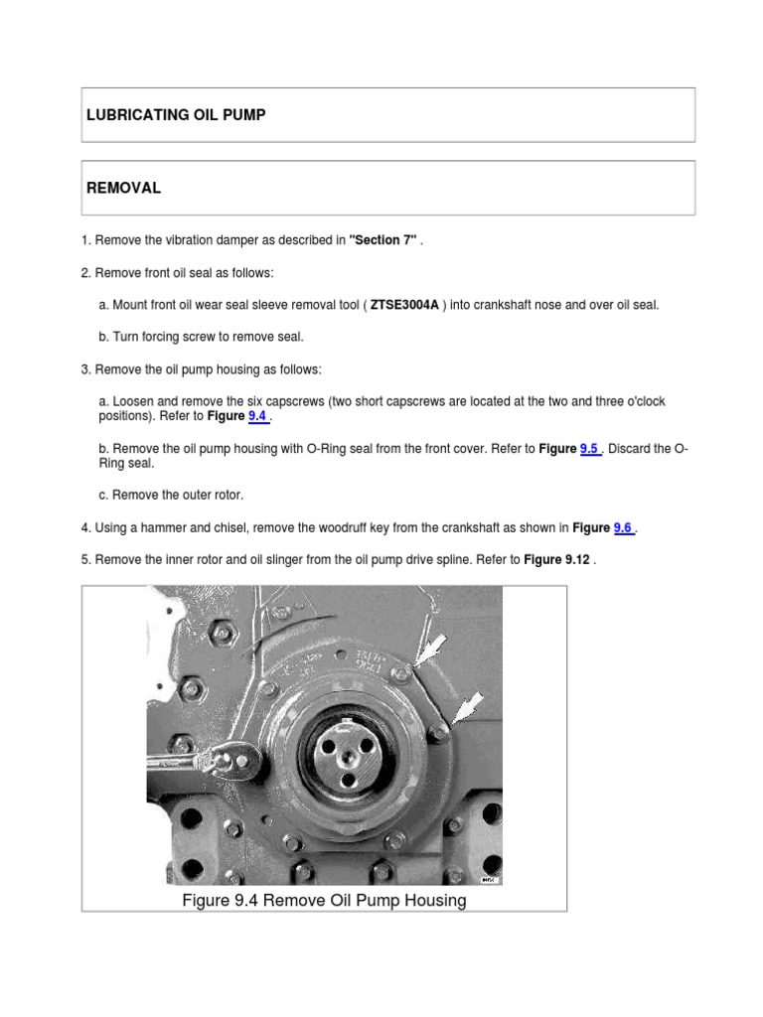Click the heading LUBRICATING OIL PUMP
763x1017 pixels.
[x=176, y=115]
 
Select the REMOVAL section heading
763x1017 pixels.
[x=124, y=188]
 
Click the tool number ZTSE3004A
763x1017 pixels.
[x=404, y=305]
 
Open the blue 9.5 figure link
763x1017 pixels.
[x=590, y=449]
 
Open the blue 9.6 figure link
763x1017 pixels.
[x=623, y=528]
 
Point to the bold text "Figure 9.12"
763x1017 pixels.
[x=557, y=560]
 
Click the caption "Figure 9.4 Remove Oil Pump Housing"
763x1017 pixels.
[x=324, y=901]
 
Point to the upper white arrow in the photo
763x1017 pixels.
[x=428, y=651]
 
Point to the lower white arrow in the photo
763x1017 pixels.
[x=466, y=708]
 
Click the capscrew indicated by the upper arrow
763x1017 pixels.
[x=400, y=673]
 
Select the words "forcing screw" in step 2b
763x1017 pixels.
[x=175, y=337]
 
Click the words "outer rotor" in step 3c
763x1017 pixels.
[x=210, y=494]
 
